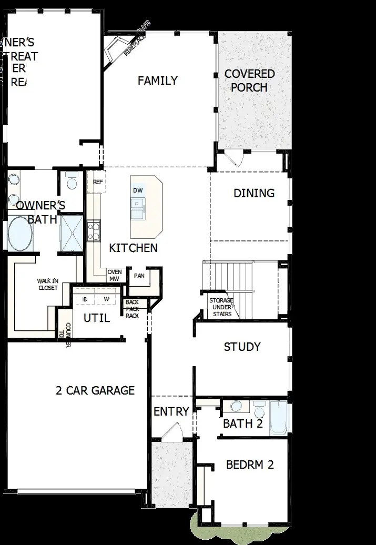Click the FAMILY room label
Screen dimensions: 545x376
pos(157,80)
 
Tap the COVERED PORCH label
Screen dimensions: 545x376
pos(249,80)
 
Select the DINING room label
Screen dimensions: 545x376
pos(254,193)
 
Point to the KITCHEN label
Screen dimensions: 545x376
pos(133,248)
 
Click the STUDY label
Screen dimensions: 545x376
pos(242,347)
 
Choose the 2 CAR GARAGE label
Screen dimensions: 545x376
pos(95,390)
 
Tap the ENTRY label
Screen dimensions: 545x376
pos(171,411)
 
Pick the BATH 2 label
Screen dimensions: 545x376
pos(242,423)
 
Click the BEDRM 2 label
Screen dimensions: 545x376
pos(250,465)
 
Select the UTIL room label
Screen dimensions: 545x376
pos(97,318)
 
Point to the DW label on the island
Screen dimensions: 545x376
pos(138,190)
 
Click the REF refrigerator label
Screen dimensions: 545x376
pos(98,182)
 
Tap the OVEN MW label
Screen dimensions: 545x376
pos(114,275)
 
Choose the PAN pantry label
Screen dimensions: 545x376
pos(139,275)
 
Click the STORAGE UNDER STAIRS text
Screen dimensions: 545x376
pos(221,307)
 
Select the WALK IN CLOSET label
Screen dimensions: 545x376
pos(47,285)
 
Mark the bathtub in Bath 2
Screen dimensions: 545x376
pos(279,418)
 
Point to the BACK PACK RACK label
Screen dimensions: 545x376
pos(132,309)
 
